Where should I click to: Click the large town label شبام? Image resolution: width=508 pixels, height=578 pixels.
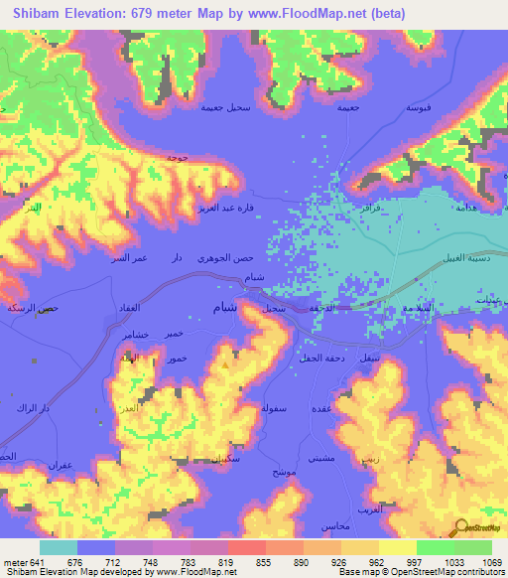[x=225, y=308]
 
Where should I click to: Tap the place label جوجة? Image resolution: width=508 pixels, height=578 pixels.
[x=178, y=157]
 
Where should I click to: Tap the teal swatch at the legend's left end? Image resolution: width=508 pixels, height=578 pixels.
[x=59, y=547]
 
